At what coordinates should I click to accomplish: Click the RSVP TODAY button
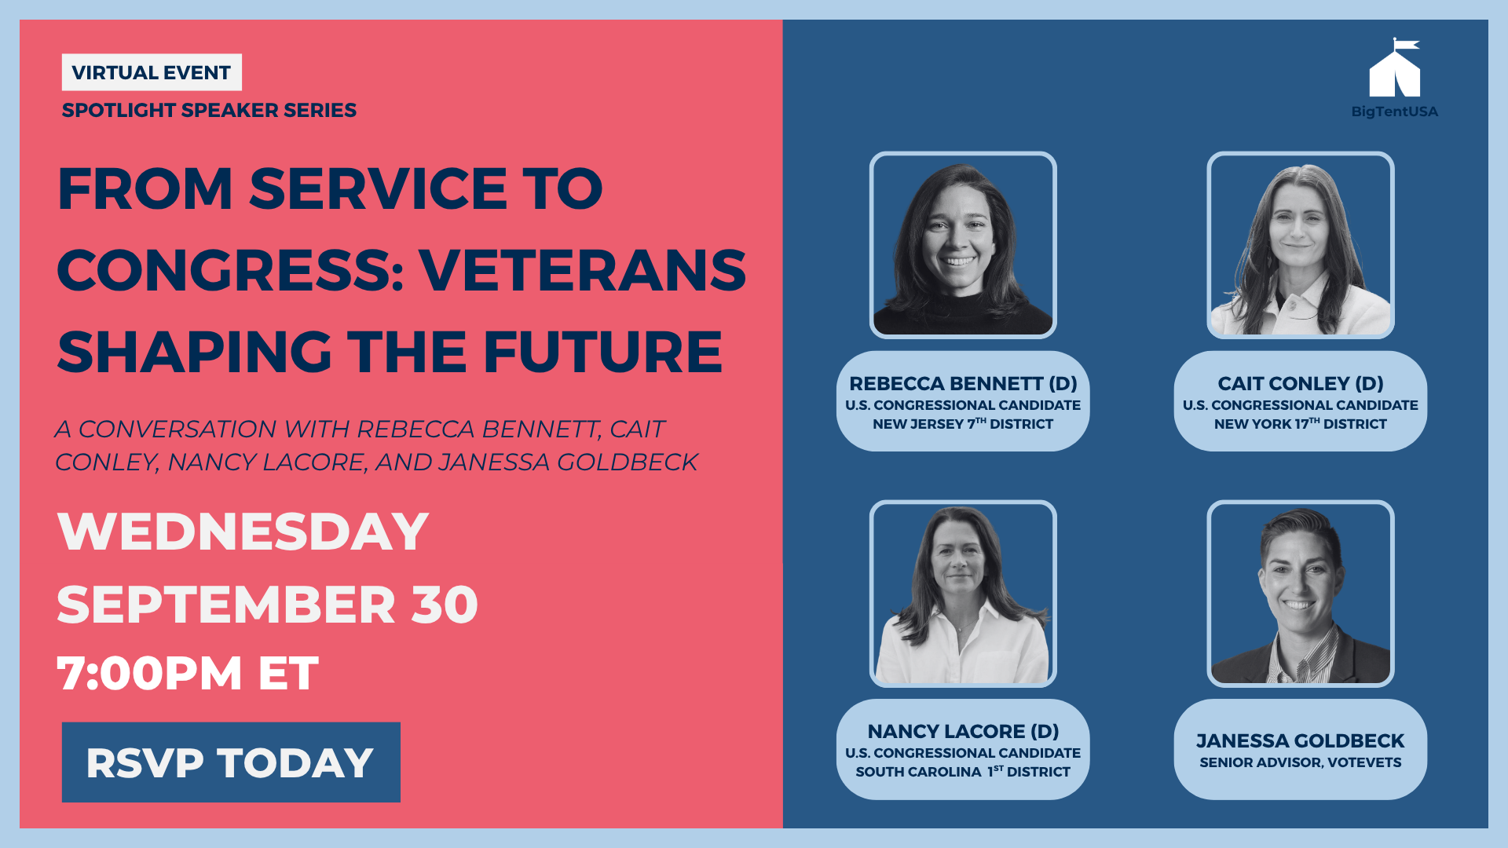[231, 762]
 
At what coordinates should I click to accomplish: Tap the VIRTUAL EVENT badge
[152, 72]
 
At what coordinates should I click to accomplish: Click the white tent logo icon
[1394, 68]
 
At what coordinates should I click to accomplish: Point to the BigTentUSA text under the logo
[1394, 111]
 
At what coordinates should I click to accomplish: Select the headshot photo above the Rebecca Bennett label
[963, 245]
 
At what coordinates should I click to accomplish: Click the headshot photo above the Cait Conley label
[1301, 245]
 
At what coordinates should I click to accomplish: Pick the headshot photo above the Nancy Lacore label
[963, 594]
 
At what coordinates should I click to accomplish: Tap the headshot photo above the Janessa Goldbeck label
[1301, 594]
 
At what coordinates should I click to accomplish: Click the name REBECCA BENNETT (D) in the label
[963, 383]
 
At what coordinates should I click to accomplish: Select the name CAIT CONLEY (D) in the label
[1301, 383]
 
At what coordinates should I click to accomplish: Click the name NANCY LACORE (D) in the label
[963, 731]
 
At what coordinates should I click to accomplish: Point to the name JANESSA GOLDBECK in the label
[1301, 740]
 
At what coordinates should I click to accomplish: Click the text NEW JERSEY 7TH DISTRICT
[963, 423]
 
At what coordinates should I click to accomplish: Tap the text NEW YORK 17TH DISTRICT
[1301, 423]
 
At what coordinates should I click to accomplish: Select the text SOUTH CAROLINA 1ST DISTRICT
[963, 771]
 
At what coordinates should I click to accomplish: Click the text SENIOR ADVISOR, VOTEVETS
[1301, 762]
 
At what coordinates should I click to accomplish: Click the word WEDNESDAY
[243, 532]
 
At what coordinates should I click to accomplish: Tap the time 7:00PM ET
[188, 673]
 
